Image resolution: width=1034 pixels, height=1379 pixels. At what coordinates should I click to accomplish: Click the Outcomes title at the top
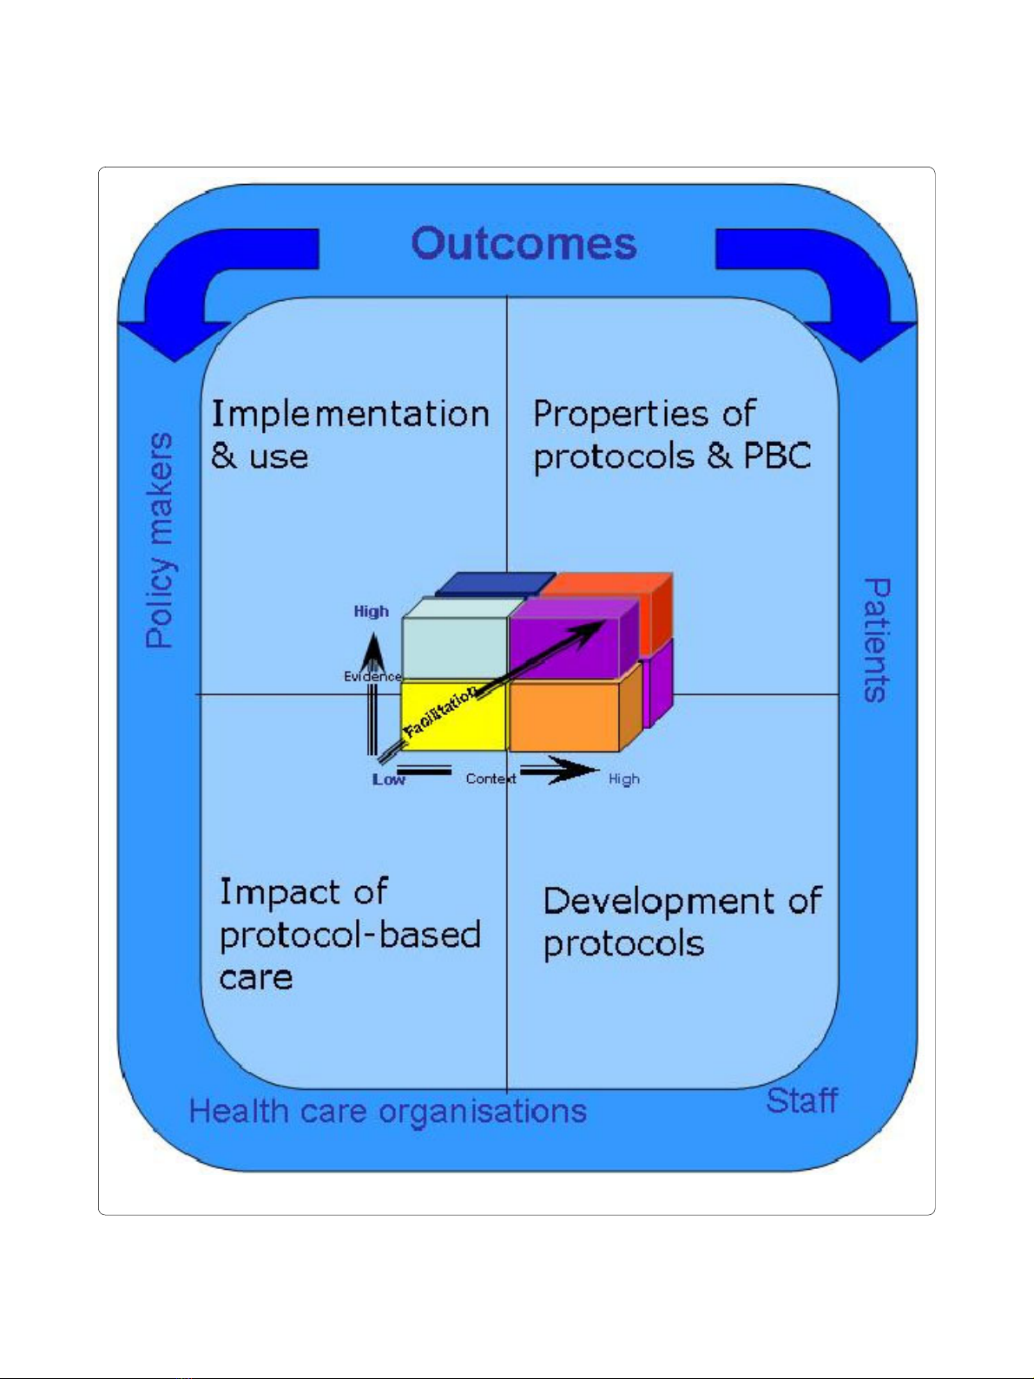[x=524, y=244]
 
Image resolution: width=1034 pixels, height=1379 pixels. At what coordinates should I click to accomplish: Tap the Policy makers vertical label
[x=159, y=540]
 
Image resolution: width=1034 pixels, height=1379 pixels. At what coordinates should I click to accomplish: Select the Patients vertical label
[x=876, y=640]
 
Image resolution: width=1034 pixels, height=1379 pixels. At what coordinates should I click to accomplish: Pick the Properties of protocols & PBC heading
[x=671, y=436]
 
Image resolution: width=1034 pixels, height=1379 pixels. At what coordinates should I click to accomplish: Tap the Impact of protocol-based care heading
[x=350, y=934]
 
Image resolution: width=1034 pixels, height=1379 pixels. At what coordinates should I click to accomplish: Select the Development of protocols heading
[x=682, y=923]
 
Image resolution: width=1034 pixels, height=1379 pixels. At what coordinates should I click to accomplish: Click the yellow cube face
[x=453, y=716]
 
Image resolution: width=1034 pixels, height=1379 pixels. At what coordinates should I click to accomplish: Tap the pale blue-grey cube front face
[x=454, y=647]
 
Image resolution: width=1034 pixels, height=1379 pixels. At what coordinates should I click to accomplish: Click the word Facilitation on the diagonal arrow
[x=440, y=712]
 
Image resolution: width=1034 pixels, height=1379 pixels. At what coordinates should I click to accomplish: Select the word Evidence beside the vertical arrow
[x=372, y=677]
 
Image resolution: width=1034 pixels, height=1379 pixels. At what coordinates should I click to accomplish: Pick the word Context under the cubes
[x=491, y=779]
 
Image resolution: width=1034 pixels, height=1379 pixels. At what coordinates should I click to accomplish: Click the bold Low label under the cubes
[x=389, y=779]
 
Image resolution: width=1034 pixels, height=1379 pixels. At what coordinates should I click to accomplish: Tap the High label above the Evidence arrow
[x=372, y=611]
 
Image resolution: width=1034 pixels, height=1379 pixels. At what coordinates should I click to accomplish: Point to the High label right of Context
[x=624, y=779]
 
